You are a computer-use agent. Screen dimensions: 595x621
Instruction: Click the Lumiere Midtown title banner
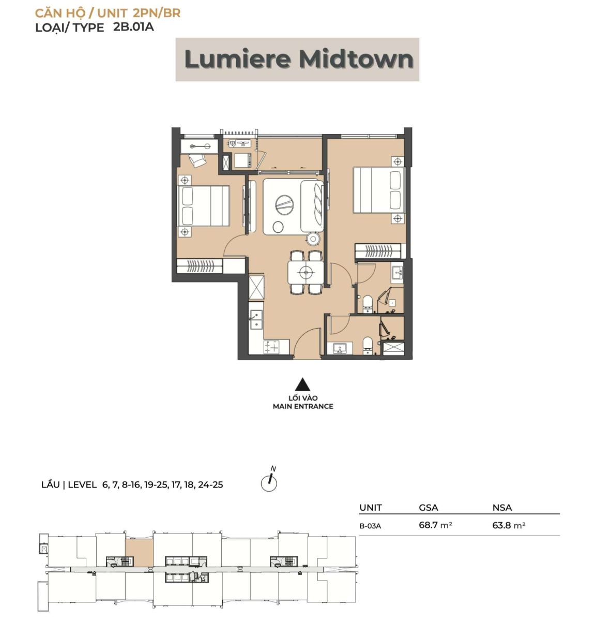(297, 60)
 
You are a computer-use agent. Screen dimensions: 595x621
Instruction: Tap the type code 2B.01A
(133, 27)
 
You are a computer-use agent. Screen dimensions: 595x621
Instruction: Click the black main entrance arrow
(302, 384)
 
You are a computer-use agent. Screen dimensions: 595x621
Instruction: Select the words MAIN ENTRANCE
(303, 406)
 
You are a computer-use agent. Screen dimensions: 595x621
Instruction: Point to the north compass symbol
(269, 480)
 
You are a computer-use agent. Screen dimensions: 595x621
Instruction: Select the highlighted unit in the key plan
(139, 552)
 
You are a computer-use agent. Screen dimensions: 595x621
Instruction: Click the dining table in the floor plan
(306, 272)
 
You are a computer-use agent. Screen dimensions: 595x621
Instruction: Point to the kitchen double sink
(256, 320)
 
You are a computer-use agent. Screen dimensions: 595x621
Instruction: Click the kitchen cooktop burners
(272, 347)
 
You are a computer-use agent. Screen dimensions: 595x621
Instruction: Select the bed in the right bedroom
(378, 190)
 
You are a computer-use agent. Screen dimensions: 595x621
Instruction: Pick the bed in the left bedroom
(203, 206)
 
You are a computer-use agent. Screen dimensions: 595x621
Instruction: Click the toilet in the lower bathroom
(368, 345)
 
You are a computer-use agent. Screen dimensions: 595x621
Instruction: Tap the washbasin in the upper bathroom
(398, 273)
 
